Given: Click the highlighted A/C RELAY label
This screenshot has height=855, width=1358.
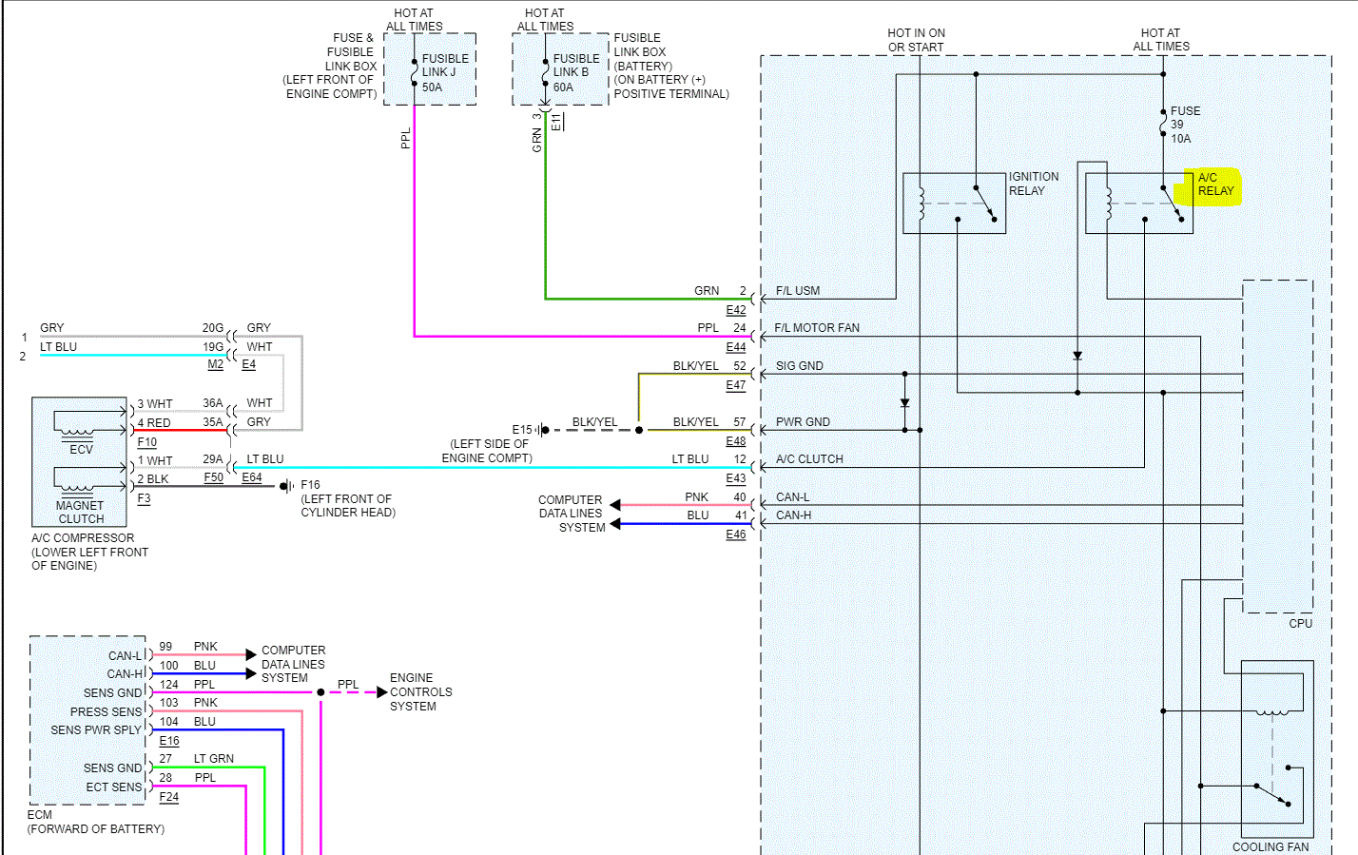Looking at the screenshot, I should [x=1214, y=185].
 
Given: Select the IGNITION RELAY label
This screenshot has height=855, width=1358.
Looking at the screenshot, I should [x=1033, y=184].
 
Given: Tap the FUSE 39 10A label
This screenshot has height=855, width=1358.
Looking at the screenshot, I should [x=1184, y=125].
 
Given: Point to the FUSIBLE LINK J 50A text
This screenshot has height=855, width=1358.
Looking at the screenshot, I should [x=444, y=73].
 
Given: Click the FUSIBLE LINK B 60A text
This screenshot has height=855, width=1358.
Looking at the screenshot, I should [x=575, y=73].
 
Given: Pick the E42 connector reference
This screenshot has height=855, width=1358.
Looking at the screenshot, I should [x=735, y=310].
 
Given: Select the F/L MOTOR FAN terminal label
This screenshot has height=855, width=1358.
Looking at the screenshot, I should [x=816, y=328].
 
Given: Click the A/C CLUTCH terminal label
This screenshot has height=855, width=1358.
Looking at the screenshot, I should [x=808, y=459].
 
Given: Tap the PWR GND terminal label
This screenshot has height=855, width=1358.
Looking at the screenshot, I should [x=802, y=422].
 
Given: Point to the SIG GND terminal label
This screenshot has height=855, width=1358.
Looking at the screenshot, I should [x=799, y=366].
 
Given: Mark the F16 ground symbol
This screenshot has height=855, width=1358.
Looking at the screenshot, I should [x=286, y=486].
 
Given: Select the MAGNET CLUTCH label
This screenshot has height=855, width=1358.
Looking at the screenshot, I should [x=81, y=513].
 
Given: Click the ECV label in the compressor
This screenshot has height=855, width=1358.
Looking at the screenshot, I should [x=81, y=450].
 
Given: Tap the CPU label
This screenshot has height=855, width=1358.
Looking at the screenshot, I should [x=1300, y=624].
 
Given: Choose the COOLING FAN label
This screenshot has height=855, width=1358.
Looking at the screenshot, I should [x=1270, y=846].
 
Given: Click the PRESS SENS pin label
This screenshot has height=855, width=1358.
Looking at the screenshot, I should [x=106, y=712].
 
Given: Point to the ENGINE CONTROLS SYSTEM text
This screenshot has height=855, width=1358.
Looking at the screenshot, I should [x=420, y=692].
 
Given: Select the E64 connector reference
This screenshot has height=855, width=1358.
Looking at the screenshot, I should [x=251, y=477].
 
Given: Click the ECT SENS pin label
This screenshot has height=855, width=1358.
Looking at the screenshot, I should [x=113, y=787].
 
